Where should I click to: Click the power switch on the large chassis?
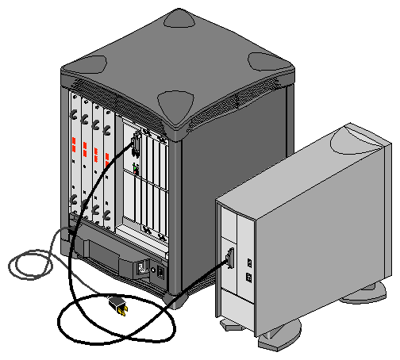click(x=160, y=270)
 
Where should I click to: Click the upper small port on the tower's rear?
click(x=248, y=262)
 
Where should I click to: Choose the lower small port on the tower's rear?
click(x=248, y=278)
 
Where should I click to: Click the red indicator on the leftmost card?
click(x=74, y=148)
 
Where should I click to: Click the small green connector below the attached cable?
click(x=137, y=169)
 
